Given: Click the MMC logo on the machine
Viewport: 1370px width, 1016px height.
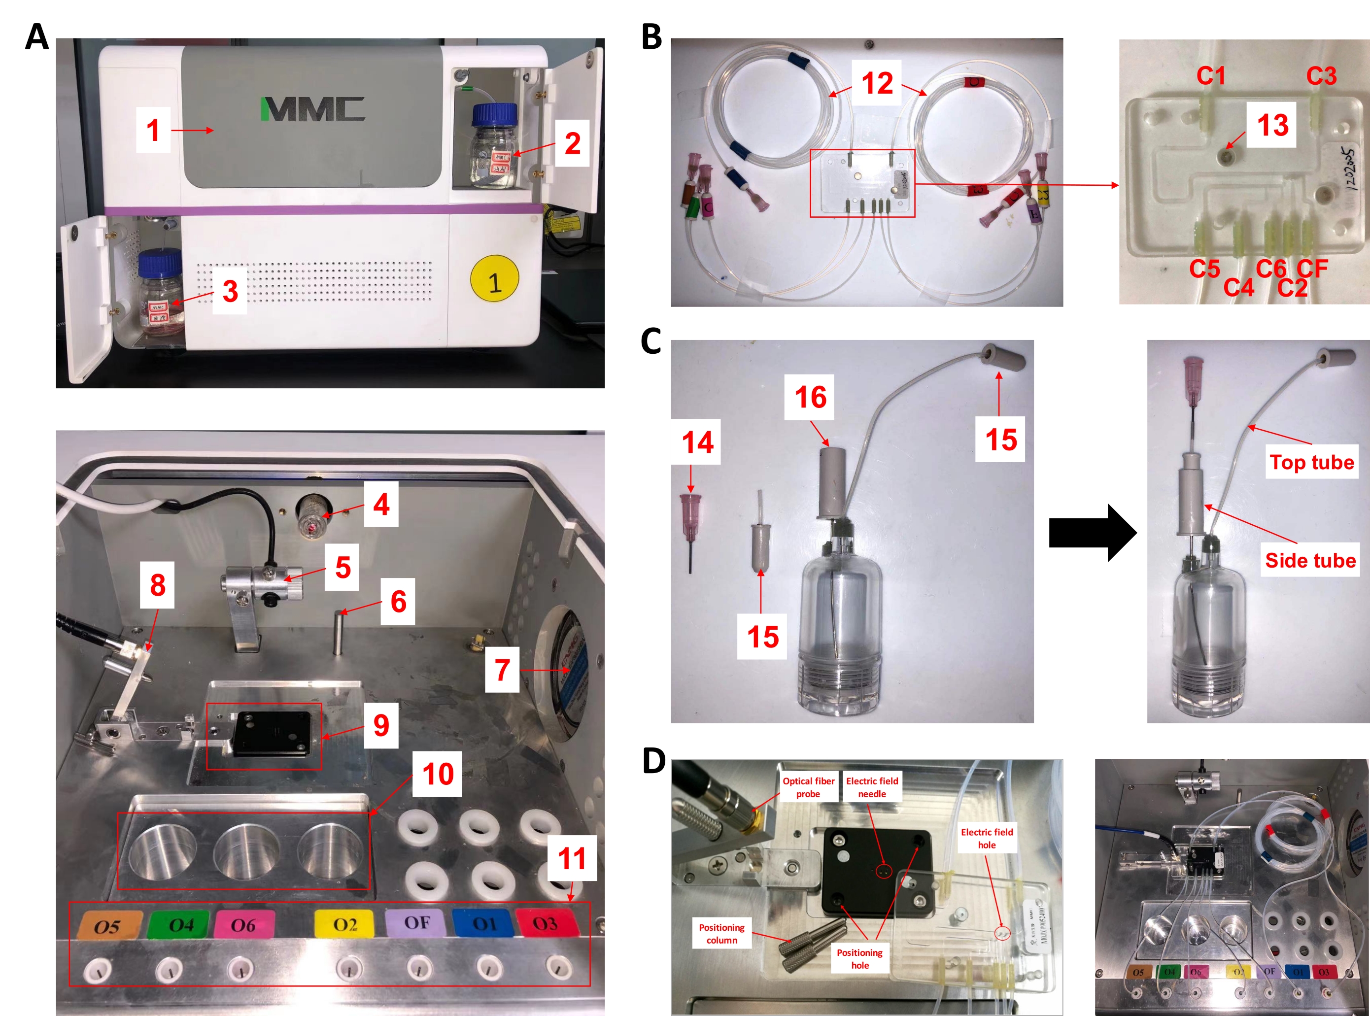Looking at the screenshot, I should coord(312,109).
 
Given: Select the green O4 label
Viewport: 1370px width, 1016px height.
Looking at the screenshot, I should coord(181,925).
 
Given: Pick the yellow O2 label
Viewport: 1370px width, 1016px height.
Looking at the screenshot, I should coord(344,924).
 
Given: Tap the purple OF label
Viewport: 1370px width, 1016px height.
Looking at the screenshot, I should coord(416,922).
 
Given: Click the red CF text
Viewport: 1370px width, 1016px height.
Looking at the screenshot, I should coord(1312,269).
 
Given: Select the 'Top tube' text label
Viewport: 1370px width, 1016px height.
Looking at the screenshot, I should coord(1311,462).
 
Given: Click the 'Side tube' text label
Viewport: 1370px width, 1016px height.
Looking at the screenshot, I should coord(1310,560).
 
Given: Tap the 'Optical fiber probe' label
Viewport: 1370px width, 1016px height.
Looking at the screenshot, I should coord(808,786).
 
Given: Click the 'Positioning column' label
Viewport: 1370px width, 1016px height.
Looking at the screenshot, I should coord(721,933).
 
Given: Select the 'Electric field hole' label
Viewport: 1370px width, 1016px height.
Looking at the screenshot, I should coord(986,838).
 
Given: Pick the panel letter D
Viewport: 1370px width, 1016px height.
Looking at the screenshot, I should coord(653,760).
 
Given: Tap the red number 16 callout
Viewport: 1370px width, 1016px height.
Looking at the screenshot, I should coord(810,397).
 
